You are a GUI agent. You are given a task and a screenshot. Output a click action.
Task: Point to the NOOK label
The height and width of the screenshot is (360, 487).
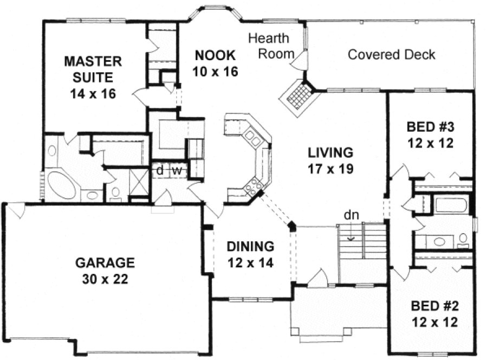[x=215, y=55]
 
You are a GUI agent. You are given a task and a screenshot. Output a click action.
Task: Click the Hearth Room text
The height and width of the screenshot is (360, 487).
[x=269, y=46]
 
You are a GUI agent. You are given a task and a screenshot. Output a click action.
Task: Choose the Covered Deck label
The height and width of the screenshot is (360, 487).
[x=391, y=55]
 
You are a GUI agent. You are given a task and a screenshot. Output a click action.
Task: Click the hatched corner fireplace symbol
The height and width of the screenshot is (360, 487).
[x=297, y=97]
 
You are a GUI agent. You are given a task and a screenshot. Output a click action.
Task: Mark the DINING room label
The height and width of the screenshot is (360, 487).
[x=250, y=247]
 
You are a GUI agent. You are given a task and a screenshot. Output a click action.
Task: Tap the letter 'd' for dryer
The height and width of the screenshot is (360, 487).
[x=160, y=170]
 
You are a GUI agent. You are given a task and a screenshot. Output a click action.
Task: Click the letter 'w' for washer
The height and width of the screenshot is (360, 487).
[x=176, y=170]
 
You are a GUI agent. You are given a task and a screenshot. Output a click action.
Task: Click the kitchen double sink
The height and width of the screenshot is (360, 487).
[x=251, y=136]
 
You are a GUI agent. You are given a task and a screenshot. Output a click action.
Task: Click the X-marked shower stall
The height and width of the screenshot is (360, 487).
[x=139, y=179]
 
